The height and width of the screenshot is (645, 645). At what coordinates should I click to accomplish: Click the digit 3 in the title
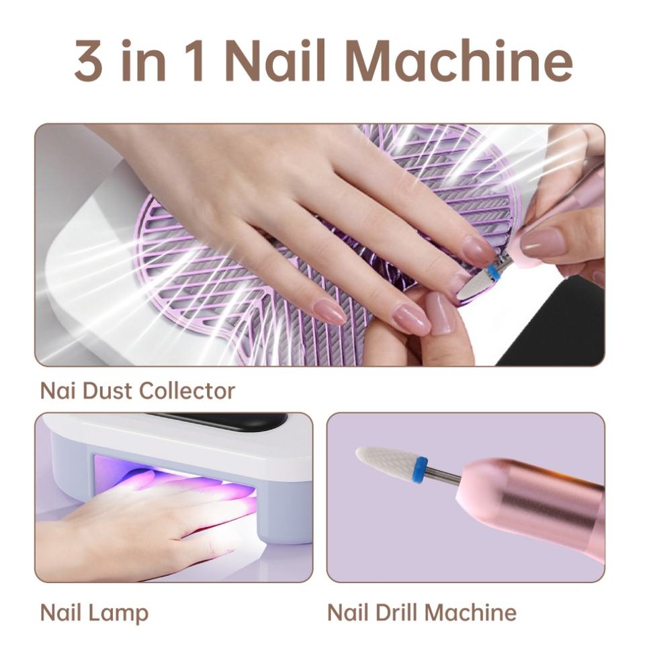click(89, 60)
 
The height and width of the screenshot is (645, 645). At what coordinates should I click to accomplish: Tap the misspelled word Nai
click(58, 391)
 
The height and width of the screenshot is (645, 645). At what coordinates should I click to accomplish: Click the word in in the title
click(144, 60)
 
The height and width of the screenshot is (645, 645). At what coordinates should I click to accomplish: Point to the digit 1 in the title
click(199, 60)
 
